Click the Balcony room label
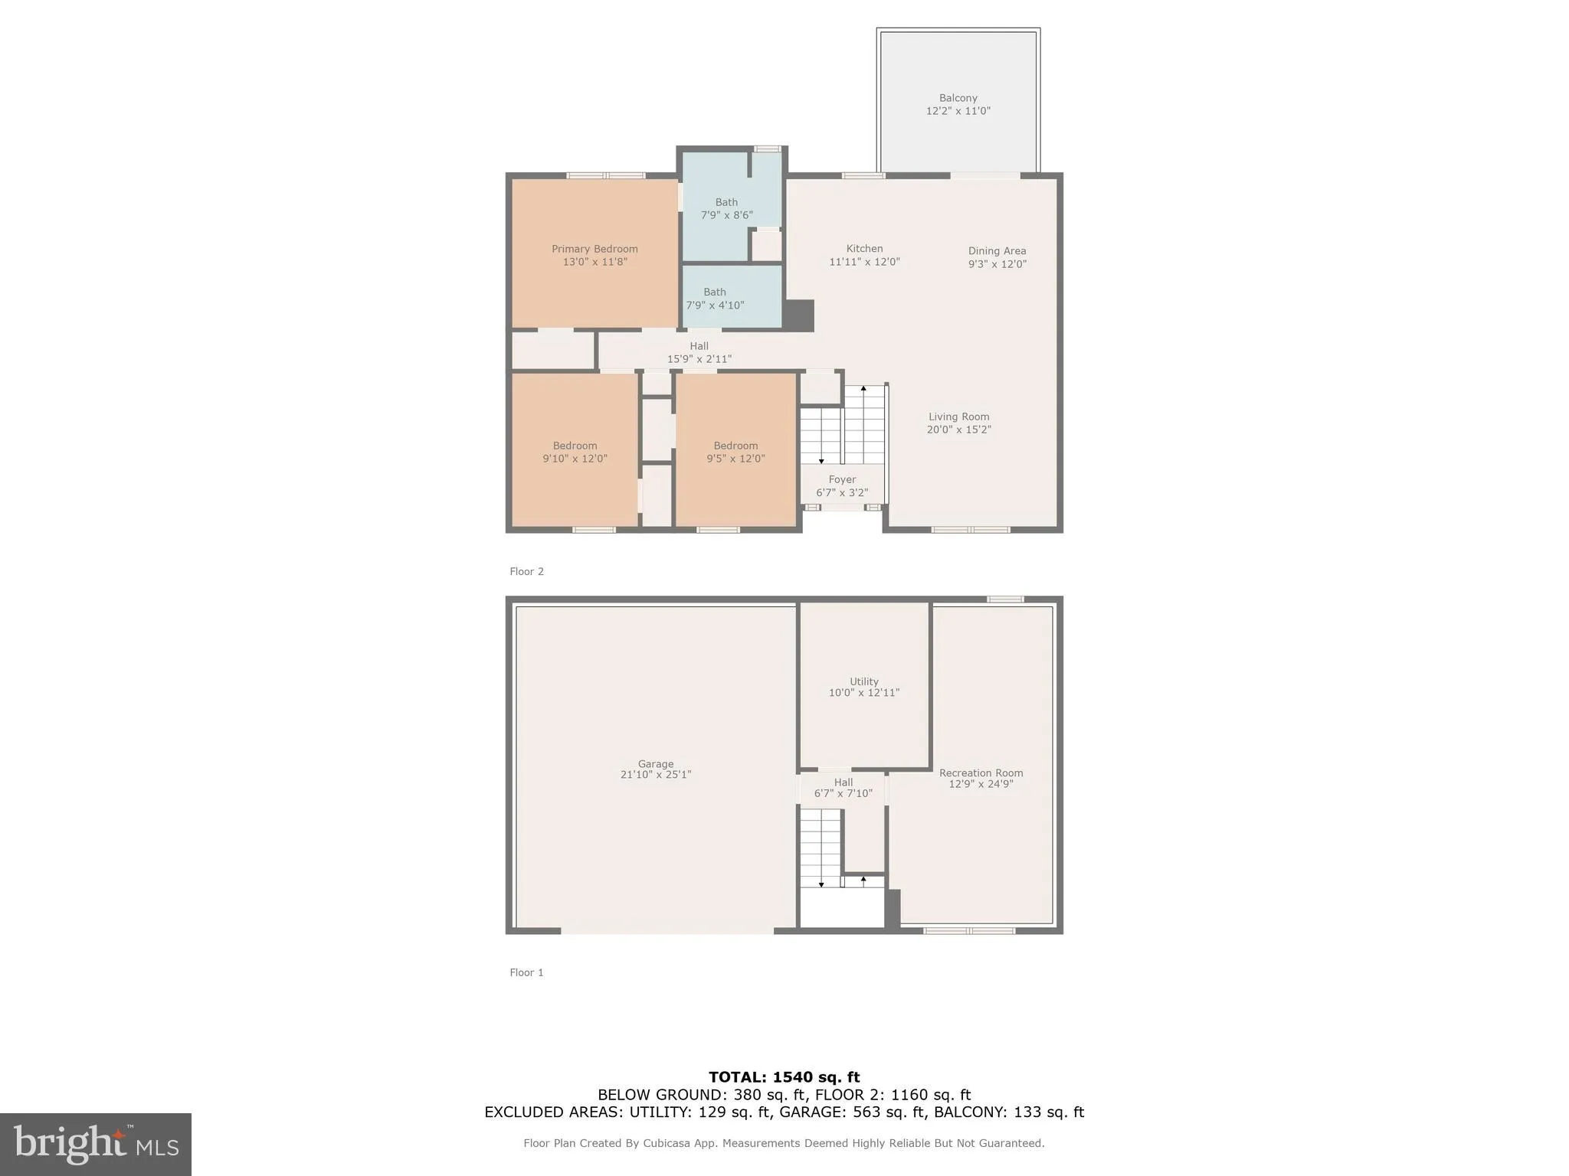[x=958, y=98]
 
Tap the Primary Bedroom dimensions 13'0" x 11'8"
[x=595, y=262]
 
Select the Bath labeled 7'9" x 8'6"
[x=726, y=209]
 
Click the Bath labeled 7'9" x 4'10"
[x=714, y=299]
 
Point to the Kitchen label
[x=864, y=249]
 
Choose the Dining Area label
[x=997, y=251]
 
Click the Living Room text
[x=958, y=417]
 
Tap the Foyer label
[x=842, y=480]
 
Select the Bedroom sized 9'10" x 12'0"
[x=575, y=452]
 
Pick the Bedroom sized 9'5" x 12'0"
[x=735, y=452]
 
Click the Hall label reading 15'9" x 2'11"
[x=699, y=352]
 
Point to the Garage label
[x=656, y=764]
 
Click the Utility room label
[x=863, y=681]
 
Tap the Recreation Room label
[x=981, y=773]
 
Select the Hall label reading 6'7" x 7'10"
[x=843, y=788]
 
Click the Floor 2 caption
[x=526, y=571]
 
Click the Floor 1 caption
[x=526, y=972]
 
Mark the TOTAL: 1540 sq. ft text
[x=784, y=1077]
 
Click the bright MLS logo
[x=96, y=1144]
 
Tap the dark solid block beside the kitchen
[x=798, y=315]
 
